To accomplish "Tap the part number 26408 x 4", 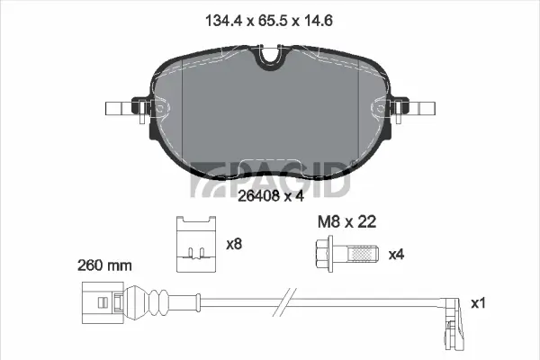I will pyautogui.click(x=268, y=194).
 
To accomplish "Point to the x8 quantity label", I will pyautogui.click(x=235, y=243).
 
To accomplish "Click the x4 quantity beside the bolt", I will pyautogui.click(x=396, y=255).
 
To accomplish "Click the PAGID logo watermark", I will pyautogui.click(x=270, y=177).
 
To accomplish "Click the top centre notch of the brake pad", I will pyautogui.click(x=270, y=56).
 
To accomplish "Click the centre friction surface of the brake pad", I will pyautogui.click(x=270, y=117).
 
